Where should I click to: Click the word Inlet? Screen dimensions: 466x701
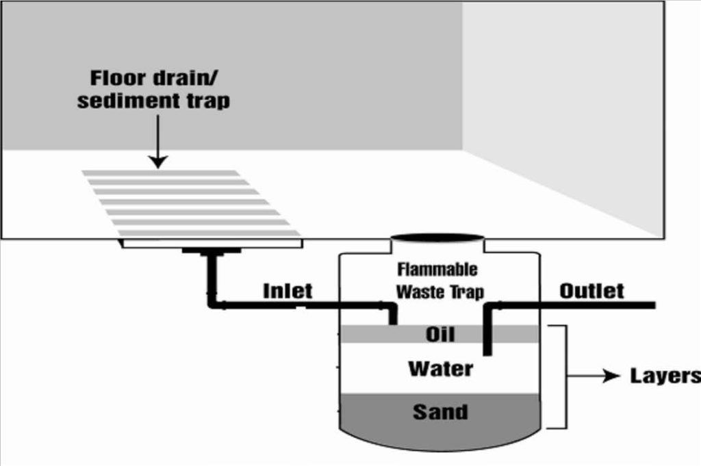coord(288,291)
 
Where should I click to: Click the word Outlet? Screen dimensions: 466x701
coord(591,291)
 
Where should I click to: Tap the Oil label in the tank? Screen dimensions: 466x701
coord(440,334)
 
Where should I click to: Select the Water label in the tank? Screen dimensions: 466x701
coord(440,370)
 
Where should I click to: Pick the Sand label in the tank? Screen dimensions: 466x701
coord(440,412)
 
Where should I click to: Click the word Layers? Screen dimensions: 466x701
coord(664,376)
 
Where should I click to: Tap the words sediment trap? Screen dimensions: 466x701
coord(153,101)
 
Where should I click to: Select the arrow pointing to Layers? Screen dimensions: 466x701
coord(596,376)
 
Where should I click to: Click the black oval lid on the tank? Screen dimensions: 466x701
coord(437,237)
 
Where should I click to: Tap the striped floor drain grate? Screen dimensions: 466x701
coord(192,203)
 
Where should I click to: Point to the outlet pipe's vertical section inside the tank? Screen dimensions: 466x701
coord(487,332)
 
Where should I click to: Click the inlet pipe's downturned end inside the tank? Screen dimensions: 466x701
coord(393,315)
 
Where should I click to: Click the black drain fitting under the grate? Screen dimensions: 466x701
coord(211,250)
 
